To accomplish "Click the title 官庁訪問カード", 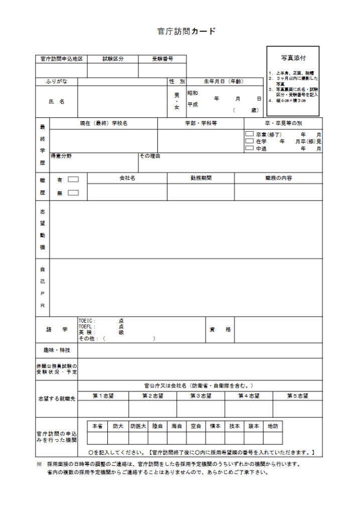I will tap(187, 32).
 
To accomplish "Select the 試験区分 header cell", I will tap(113, 59).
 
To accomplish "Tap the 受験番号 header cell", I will tap(162, 59).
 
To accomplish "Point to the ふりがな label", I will tap(56, 81).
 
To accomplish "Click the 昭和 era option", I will tap(193, 93).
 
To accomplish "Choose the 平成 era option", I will tap(193, 105).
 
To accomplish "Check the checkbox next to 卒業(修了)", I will tap(249, 134).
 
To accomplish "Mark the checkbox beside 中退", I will tap(249, 148).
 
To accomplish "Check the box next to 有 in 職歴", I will tap(73, 179).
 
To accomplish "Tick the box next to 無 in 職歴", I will tap(73, 192).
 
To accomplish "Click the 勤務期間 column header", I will tap(201, 178).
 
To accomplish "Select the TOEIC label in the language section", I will tap(87, 321).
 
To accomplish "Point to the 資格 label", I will tap(220, 329).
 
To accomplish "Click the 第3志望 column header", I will tap(201, 396).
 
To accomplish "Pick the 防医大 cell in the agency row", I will tap(138, 426).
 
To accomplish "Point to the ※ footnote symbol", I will tap(39, 464).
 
